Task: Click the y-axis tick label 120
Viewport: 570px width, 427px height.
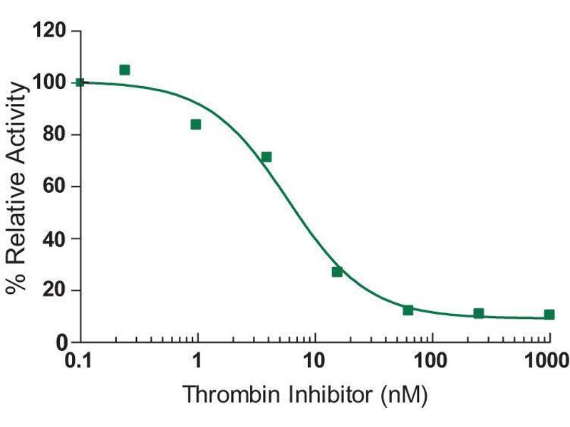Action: point(51,31)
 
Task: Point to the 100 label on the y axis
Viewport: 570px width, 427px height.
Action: point(51,83)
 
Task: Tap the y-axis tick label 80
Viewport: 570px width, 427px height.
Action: point(56,135)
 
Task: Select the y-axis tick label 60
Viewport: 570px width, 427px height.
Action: point(56,187)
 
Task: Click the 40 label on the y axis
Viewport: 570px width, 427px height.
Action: point(56,239)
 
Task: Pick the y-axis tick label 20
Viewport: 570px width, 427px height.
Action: point(56,290)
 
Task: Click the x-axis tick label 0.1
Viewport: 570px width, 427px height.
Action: point(80,361)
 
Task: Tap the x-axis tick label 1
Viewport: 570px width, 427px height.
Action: point(197,361)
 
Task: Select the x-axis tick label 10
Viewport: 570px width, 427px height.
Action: point(314,361)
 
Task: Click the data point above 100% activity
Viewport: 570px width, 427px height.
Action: point(125,70)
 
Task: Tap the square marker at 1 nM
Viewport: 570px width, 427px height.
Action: point(196,125)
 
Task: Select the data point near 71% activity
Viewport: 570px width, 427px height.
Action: point(266,157)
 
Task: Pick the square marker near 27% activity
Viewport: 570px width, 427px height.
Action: point(337,272)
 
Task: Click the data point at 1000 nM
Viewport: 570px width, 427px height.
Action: point(549,315)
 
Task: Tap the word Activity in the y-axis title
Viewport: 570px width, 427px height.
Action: point(19,125)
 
